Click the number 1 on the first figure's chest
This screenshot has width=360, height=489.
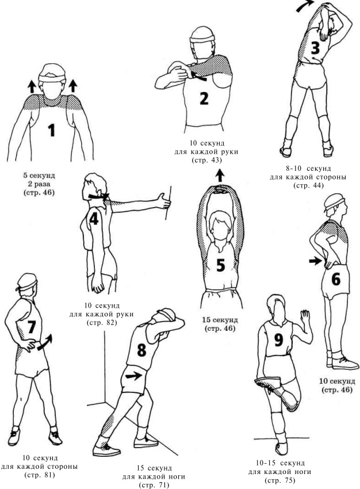pos(52,130)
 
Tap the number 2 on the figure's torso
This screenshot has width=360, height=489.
pos(204,98)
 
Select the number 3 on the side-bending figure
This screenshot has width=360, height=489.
pos(315,48)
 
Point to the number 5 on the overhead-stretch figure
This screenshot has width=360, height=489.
pos(220,265)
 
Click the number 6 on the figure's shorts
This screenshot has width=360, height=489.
pos(336,279)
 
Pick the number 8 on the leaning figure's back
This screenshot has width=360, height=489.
pos(142,350)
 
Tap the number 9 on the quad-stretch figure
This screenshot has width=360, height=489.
pos(278,340)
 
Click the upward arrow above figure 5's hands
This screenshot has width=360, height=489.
pos(220,175)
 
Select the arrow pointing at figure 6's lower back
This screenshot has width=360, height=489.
pos(315,261)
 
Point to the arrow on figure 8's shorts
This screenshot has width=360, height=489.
pos(133,376)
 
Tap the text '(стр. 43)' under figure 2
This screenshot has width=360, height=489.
pos(206,160)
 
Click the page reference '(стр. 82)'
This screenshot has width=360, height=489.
pos(102,322)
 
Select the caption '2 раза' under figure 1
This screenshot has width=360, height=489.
pos(39,184)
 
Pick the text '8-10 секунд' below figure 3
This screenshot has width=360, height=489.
pos(308,169)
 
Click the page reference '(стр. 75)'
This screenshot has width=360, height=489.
pos(279,480)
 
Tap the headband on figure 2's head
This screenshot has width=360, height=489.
pos(202,39)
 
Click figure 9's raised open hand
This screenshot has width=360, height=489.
pos(305,317)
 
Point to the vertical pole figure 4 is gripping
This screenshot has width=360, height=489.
pos(169,203)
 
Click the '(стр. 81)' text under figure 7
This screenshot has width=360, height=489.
pos(40,475)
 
